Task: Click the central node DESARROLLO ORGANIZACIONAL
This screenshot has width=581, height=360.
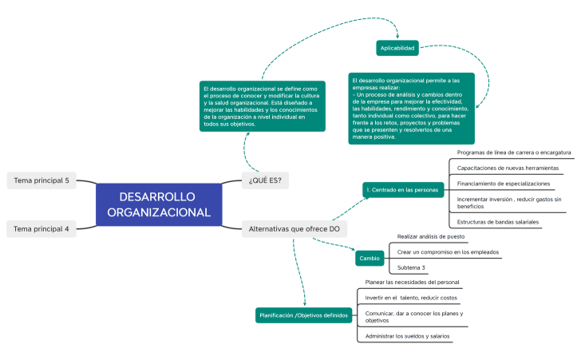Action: (159, 204)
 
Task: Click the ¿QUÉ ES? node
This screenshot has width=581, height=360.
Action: (265, 180)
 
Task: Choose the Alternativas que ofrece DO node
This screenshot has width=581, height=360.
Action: (294, 229)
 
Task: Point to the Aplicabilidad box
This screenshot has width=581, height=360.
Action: (397, 48)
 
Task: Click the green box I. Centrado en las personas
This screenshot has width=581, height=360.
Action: (402, 190)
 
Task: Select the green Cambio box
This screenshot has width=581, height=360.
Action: (370, 259)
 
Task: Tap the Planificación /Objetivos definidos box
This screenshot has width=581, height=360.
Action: (303, 316)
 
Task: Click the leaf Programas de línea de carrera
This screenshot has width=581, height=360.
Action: (513, 152)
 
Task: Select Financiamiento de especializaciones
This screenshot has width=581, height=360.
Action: (503, 184)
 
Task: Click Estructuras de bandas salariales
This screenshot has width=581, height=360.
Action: (497, 222)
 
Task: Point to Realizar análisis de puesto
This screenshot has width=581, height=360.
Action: (431, 237)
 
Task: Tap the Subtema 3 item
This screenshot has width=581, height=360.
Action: (412, 267)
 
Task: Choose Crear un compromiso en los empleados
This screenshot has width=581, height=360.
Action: (448, 252)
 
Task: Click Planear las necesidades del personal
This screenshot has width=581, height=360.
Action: (412, 283)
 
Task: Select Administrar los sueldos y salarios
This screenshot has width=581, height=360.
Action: (407, 336)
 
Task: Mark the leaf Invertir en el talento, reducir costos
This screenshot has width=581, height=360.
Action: (411, 298)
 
